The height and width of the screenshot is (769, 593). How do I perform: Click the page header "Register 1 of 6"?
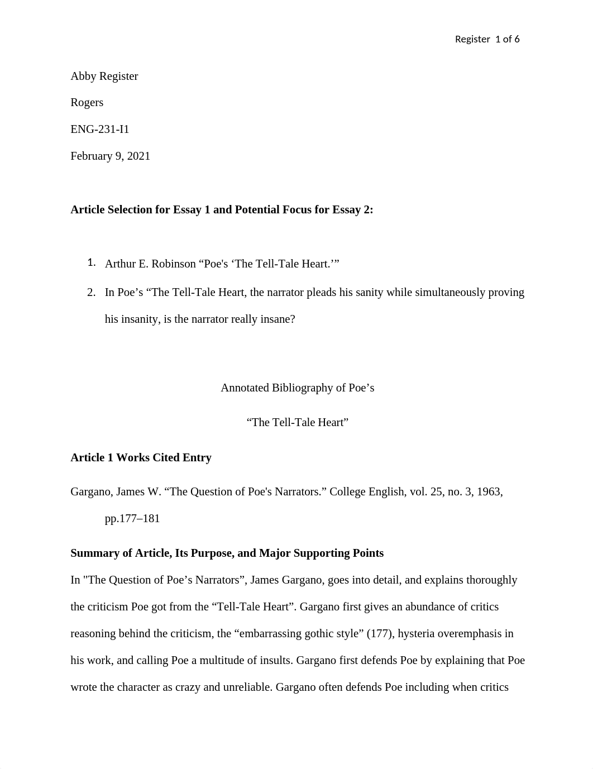point(487,39)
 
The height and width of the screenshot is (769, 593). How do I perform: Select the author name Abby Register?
point(104,76)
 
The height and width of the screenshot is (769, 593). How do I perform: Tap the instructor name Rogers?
point(87,102)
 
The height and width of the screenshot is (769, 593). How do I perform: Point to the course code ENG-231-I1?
point(99,129)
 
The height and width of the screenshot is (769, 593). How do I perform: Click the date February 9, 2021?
point(110,156)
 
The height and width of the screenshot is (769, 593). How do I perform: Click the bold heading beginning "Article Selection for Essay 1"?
point(222,209)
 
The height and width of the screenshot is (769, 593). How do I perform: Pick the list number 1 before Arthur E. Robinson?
point(92,262)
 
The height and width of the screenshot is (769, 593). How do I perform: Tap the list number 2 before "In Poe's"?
point(92,292)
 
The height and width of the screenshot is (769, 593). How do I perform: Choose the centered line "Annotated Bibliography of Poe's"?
point(297,388)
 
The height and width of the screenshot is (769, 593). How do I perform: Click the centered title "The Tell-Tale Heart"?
point(297,422)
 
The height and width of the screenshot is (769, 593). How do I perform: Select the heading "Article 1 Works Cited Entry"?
point(141,457)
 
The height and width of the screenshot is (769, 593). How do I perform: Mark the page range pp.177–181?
point(132,518)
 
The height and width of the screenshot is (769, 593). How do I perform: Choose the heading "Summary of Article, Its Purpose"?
point(227,553)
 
